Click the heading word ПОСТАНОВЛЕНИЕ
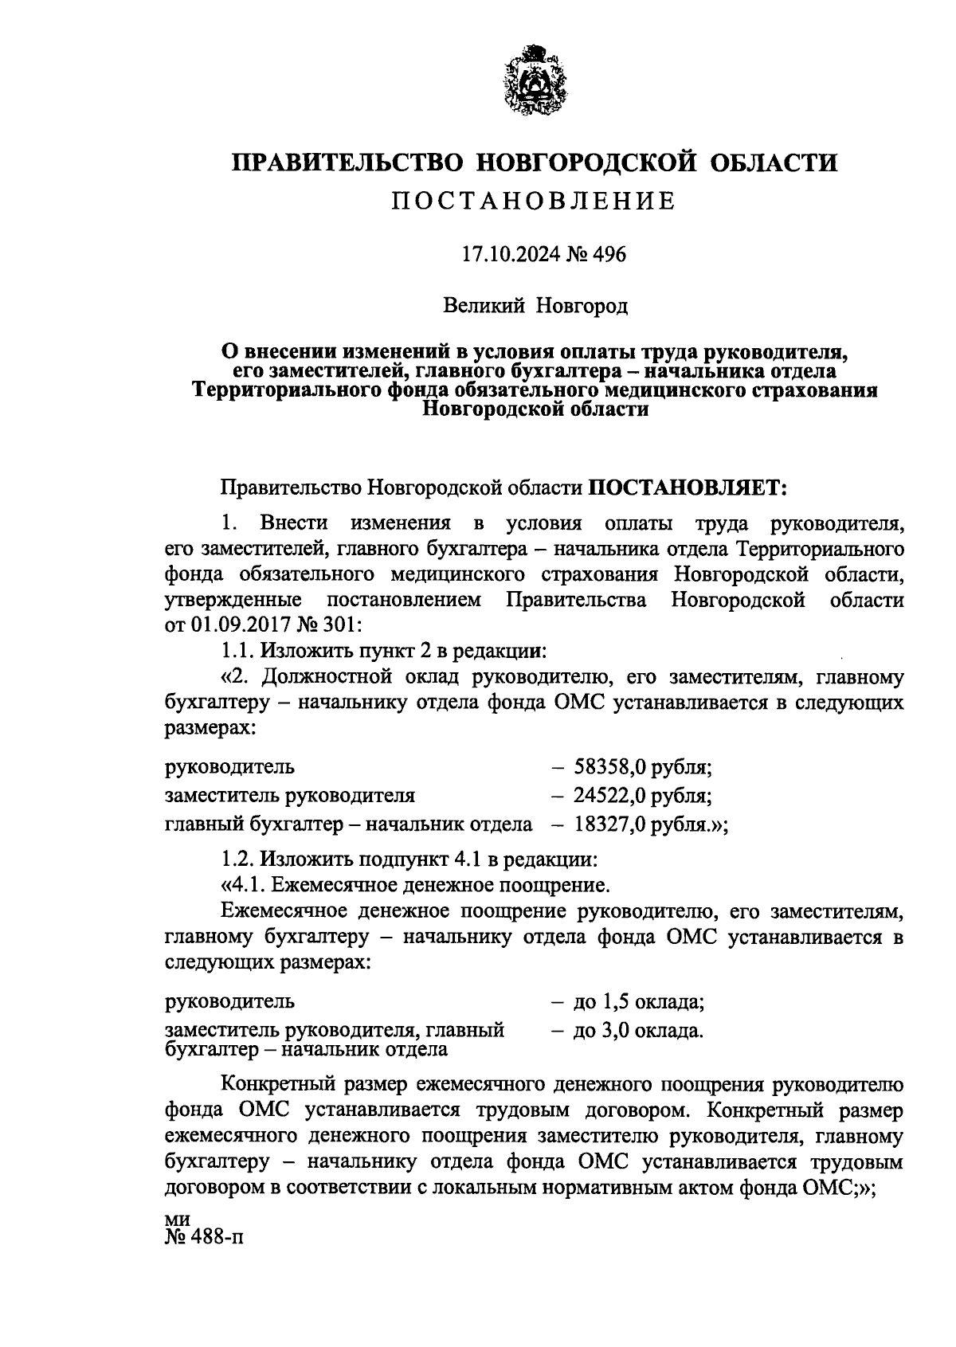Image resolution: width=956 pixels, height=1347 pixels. [x=534, y=201]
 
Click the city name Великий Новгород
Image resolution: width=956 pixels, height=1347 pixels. [x=535, y=305]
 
